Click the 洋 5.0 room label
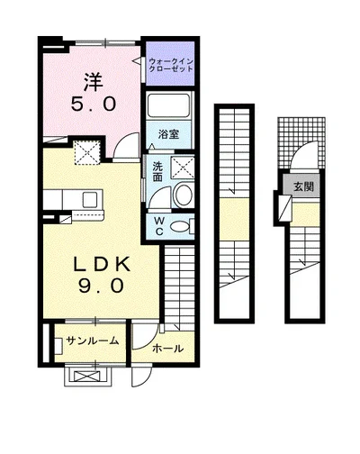94,93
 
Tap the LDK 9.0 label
102,275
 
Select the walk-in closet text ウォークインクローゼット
171,65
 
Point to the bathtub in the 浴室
169,105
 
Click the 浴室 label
168,134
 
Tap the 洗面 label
157,172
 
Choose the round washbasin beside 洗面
184,195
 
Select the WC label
159,226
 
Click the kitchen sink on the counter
90,200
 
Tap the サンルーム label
93,340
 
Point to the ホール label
167,349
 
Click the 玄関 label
303,187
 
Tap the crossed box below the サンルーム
86,377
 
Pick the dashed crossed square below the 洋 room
87,152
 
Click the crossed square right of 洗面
183,168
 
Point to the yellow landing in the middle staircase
235,219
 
